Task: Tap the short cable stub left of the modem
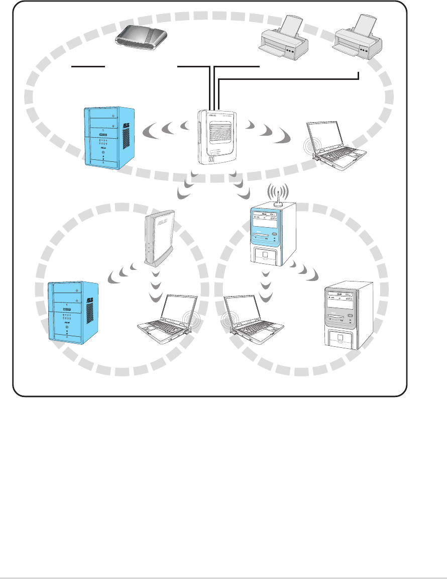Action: tap(88, 65)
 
